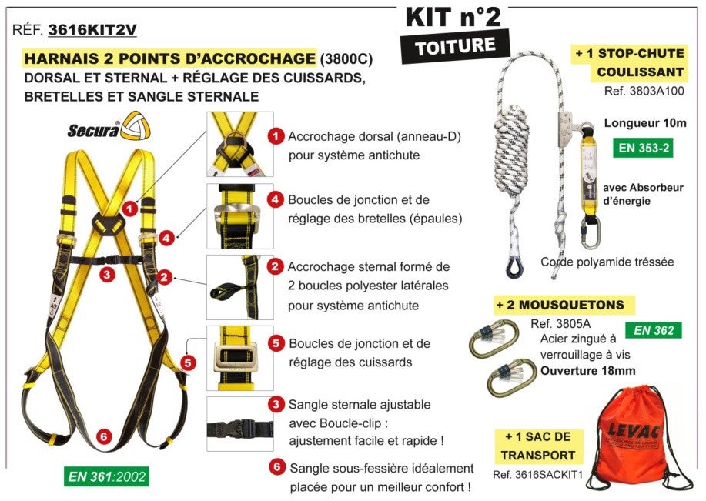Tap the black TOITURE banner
coord(455,46)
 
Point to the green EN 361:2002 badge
coord(105,476)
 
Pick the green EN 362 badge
coord(653,331)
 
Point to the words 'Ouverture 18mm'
coord(587,370)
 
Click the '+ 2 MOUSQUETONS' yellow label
coord(560,306)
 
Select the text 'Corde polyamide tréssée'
coord(607,262)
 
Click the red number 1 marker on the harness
coord(130,207)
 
